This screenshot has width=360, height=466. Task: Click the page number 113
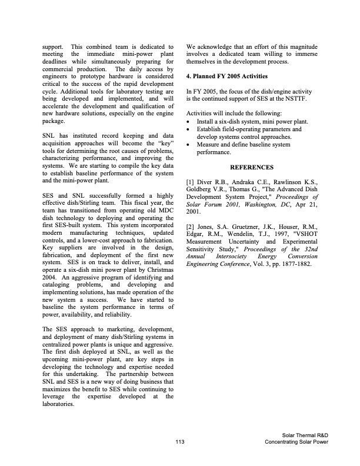coord(180,441)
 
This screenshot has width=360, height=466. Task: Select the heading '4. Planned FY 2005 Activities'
coord(226,76)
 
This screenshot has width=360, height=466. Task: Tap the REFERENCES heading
coord(251,167)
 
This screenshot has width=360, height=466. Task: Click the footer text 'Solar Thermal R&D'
coord(305,435)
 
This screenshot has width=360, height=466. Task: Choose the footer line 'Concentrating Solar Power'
coord(296,442)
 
